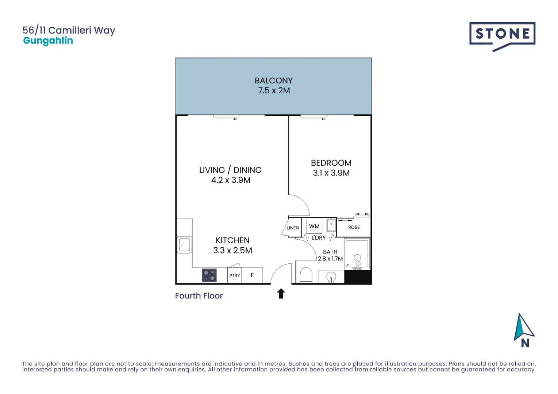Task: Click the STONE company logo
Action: pos(502,36)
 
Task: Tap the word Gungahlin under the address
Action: pos(48,40)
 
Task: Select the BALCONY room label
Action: pos(273,81)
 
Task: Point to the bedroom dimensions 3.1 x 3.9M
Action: pos(331,173)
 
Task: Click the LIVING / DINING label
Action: pos(230,170)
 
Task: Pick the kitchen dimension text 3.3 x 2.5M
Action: pos(232,250)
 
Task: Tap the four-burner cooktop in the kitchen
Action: pos(209,275)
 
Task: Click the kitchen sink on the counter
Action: pos(184,244)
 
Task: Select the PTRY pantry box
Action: pos(235,275)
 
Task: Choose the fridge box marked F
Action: pos(252,275)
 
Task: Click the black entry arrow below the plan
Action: pos(281,293)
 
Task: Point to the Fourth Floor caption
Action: pos(199,296)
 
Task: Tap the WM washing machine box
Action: pos(314,226)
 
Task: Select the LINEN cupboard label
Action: pos(293,228)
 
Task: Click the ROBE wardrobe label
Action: pos(354,227)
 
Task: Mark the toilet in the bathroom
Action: pos(306,276)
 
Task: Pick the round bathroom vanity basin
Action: pos(331,277)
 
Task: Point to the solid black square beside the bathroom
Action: pos(358,277)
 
